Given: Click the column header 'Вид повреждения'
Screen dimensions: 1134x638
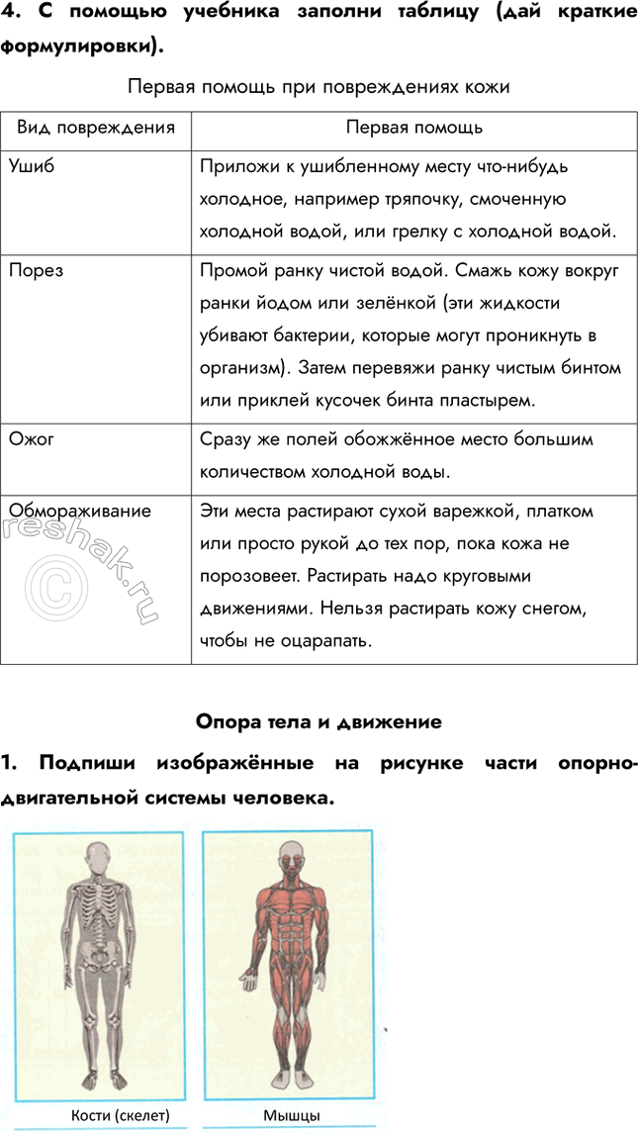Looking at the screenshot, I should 95,128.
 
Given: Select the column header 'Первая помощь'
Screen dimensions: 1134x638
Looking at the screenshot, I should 413,128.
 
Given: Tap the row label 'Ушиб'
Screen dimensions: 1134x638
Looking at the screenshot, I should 32,165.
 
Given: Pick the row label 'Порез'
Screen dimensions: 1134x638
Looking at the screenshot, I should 37,270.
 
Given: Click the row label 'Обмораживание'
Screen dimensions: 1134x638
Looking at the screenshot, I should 80,511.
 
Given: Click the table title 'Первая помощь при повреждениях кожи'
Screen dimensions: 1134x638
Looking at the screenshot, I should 319,87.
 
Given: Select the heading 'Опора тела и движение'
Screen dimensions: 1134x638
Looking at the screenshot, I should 319,721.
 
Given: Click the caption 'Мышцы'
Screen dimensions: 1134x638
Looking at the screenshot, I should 292,1115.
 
